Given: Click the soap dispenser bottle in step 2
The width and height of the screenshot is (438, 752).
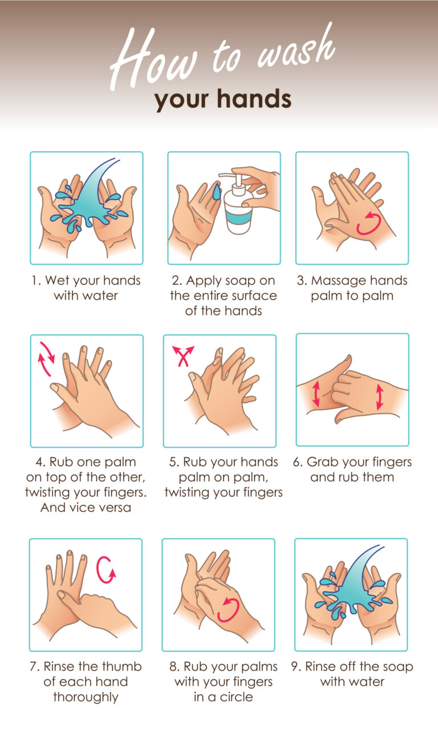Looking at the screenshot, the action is [x=238, y=208].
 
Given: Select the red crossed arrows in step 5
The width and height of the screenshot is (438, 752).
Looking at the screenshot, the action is [x=183, y=356].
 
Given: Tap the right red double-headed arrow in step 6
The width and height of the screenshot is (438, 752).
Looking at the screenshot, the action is [x=380, y=397].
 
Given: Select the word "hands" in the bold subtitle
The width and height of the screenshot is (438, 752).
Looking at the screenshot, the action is [x=254, y=99].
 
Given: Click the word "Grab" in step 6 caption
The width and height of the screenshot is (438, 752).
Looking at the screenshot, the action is [x=321, y=462].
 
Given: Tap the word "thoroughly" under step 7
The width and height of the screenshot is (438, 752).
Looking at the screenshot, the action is [x=86, y=697].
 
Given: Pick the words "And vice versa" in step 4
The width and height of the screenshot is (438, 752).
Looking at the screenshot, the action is [x=86, y=507].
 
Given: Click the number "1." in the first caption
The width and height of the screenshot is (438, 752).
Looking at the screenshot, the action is [x=36, y=280].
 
